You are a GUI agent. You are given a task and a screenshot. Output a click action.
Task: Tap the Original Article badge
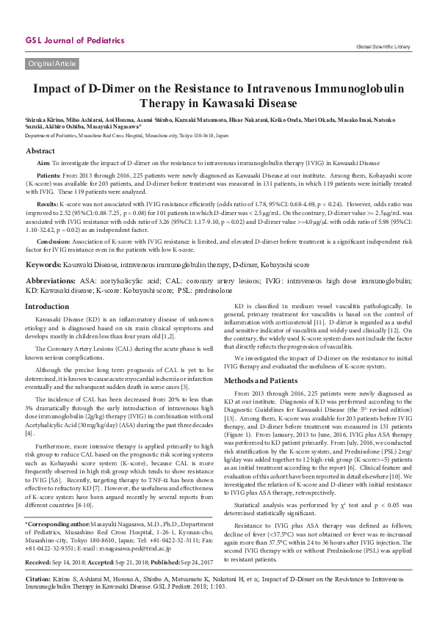(51, 64)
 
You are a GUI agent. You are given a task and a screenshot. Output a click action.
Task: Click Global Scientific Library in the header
(383, 46)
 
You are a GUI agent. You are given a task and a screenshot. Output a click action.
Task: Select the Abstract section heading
(40, 150)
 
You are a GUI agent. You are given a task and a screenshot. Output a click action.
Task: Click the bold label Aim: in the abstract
(43, 162)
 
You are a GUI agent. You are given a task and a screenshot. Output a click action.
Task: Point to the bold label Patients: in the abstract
(49, 176)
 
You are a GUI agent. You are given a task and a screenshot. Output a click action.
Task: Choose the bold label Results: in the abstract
(48, 203)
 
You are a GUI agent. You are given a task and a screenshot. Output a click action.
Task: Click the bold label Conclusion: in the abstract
(53, 241)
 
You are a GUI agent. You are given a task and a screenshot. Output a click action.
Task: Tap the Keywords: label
(47, 263)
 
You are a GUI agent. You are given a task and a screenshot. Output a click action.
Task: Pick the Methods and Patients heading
(261, 381)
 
